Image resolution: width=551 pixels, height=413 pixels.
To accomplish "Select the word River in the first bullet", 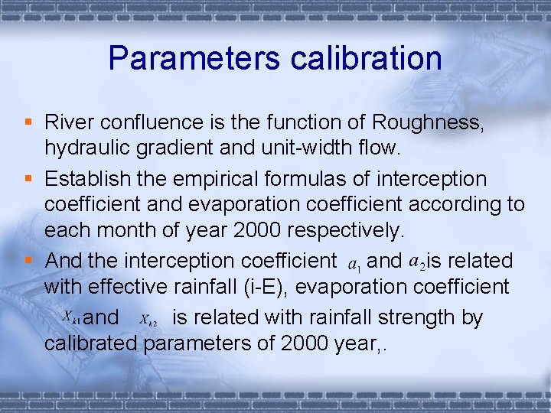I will [x=67, y=122].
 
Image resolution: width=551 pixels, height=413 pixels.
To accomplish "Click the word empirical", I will [x=215, y=180].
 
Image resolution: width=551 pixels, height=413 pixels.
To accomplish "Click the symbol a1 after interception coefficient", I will [x=354, y=264].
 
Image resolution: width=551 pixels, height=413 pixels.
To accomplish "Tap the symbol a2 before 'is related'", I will [x=418, y=262].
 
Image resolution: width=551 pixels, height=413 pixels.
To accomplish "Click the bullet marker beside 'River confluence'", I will [x=28, y=122].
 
